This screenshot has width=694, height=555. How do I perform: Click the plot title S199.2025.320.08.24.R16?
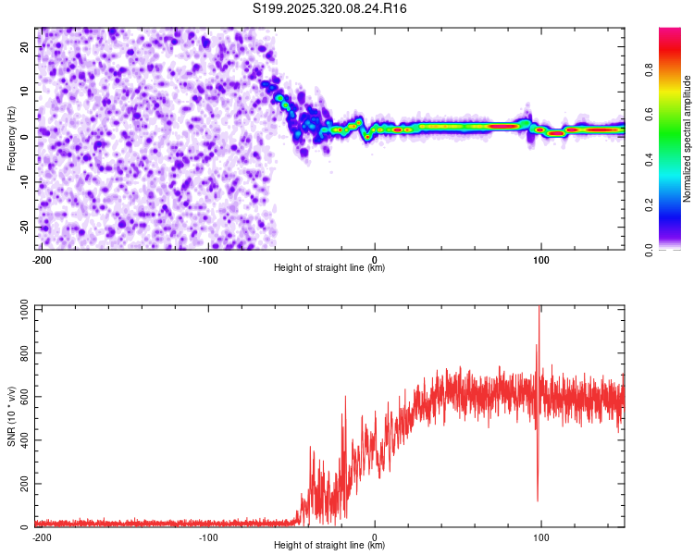[x=330, y=8]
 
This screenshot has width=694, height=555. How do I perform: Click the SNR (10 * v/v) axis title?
[x=11, y=416]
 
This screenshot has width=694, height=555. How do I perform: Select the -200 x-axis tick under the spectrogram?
[x=42, y=258]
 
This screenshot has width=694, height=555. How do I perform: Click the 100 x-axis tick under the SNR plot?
[x=541, y=536]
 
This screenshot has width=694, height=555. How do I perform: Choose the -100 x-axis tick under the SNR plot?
[x=208, y=536]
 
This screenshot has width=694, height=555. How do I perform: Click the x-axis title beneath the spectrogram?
[x=329, y=268]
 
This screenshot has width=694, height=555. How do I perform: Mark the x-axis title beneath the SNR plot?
[x=329, y=546]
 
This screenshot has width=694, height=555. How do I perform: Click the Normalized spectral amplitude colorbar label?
[x=688, y=139]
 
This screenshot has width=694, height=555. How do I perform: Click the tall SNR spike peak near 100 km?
[x=539, y=308]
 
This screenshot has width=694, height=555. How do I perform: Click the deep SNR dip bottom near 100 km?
[x=538, y=500]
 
